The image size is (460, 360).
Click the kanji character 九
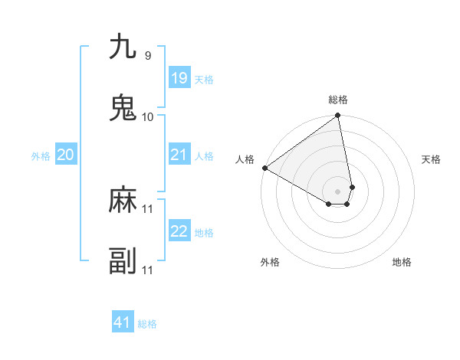[x=123, y=47]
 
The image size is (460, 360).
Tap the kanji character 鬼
[x=123, y=108]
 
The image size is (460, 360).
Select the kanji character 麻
[x=123, y=200]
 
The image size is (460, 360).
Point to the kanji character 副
[x=123, y=261]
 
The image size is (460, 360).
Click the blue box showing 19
[x=179, y=78]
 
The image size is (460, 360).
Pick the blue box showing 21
[x=179, y=155]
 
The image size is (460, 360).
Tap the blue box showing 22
[x=179, y=231]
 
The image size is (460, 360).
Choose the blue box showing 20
[x=65, y=155]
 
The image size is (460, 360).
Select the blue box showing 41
[x=123, y=322]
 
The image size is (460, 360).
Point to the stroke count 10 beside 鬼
[x=148, y=116]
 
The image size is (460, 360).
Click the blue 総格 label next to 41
[x=147, y=324]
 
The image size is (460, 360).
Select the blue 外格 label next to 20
[x=41, y=156]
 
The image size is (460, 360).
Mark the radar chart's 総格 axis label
[x=338, y=100]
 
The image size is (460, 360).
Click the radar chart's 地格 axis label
[x=402, y=262]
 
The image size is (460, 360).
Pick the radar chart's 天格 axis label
[x=431, y=159]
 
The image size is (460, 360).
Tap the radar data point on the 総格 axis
[x=338, y=116]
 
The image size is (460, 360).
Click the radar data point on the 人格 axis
[x=264, y=168]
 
